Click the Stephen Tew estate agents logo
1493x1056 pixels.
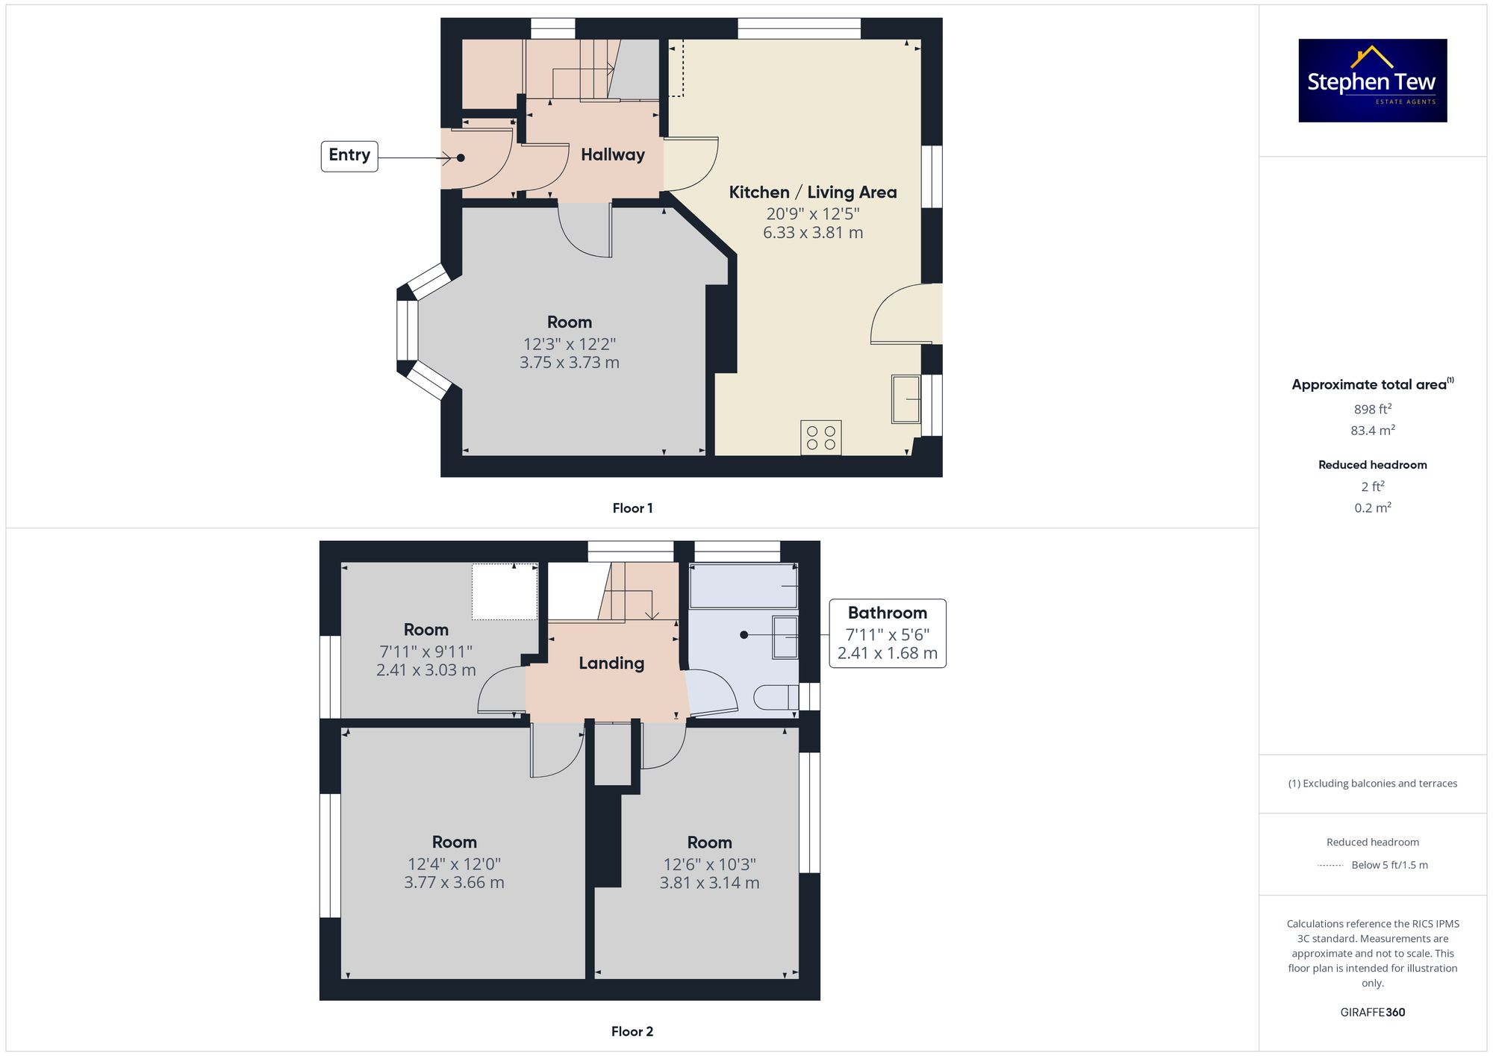tap(1372, 81)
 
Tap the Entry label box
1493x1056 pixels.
tap(349, 156)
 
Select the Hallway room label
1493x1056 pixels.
tap(612, 154)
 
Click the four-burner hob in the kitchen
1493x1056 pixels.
tap(820, 437)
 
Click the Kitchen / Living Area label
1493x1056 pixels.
tap(812, 192)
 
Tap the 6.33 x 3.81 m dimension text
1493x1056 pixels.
tap(812, 233)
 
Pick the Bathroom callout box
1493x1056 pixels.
tap(887, 633)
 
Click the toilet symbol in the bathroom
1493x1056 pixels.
tap(776, 697)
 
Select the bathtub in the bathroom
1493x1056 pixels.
tap(744, 586)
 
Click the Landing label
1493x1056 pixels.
tap(611, 663)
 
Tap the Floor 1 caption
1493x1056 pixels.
tap(632, 508)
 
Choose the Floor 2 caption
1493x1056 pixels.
tap(632, 1031)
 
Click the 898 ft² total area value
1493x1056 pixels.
tap(1372, 409)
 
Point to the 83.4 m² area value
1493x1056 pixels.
tap(1372, 431)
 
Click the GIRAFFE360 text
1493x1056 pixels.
tap(1372, 1012)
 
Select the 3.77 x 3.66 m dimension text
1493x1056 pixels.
tap(454, 882)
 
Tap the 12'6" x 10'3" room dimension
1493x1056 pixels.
tap(709, 864)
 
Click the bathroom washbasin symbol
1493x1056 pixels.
tap(785, 636)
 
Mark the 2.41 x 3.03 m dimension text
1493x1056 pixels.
tap(426, 670)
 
